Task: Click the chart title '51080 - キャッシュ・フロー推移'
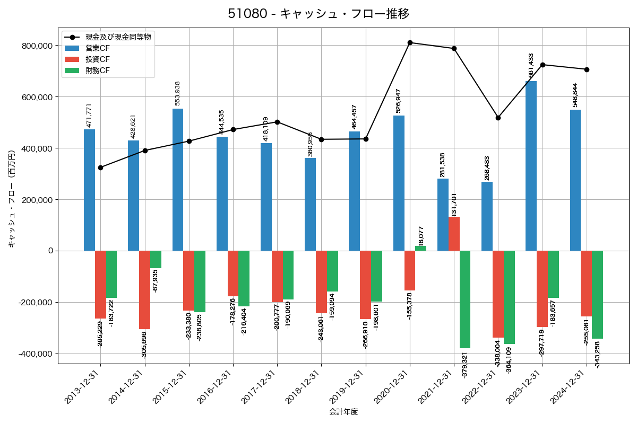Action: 318,14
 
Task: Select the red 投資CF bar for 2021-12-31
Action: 454,234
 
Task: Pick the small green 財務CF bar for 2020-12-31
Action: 420,249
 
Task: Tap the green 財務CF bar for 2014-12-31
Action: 156,260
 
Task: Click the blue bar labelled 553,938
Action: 178,180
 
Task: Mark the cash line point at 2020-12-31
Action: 410,42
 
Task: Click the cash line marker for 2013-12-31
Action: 101,167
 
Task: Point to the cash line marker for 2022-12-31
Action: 498,118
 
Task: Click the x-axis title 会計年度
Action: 343,412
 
